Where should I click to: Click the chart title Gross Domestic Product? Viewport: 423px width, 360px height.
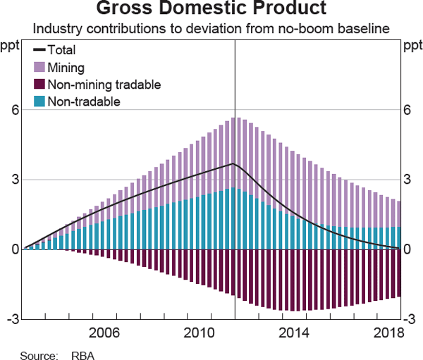(x=211, y=10)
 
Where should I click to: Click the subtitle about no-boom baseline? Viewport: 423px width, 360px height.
(x=211, y=30)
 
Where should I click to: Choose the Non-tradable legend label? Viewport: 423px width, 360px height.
(x=84, y=101)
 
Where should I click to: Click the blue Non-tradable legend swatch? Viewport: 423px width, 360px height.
(x=39, y=101)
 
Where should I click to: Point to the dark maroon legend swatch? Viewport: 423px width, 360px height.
(x=39, y=85)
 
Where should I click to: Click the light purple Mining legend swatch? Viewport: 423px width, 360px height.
(x=39, y=68)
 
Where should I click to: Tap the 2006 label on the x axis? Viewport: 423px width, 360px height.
(x=104, y=333)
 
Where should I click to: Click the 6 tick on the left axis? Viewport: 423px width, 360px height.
(x=13, y=110)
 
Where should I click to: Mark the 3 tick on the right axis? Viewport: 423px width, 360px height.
(x=407, y=180)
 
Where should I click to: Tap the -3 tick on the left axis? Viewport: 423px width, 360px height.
(x=10, y=319)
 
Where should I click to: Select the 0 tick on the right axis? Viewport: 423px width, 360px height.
(x=407, y=249)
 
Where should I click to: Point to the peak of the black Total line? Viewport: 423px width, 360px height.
(x=233, y=163)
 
